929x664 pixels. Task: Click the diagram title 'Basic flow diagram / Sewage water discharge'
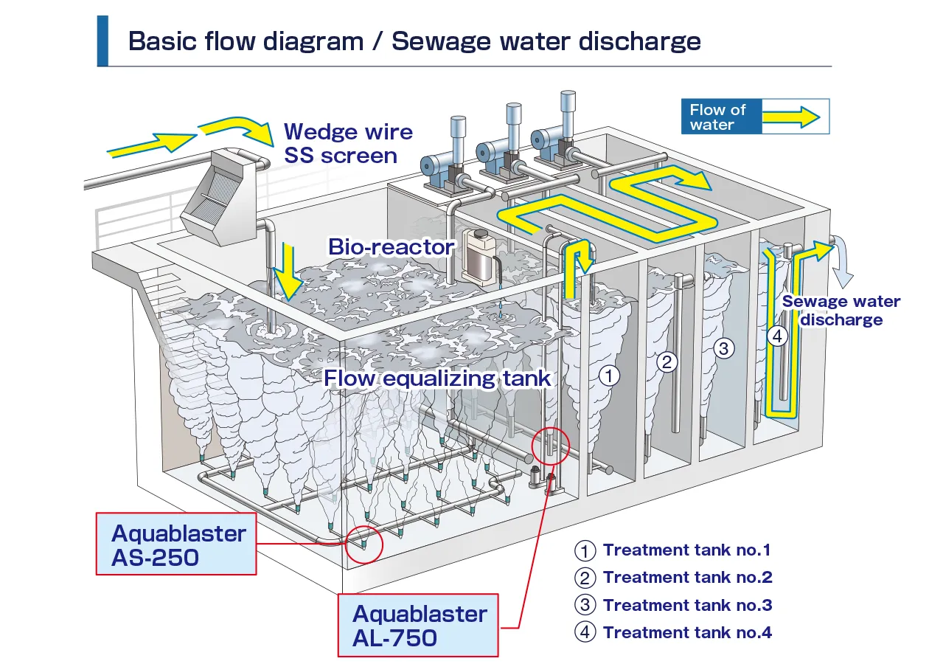[414, 41]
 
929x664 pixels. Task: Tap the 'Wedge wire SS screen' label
[348, 144]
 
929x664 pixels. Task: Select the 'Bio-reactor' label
[391, 246]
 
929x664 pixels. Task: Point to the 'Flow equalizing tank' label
[437, 378]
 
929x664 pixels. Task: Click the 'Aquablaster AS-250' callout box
[177, 544]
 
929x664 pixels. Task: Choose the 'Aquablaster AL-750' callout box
[419, 625]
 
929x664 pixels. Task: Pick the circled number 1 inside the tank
[608, 376]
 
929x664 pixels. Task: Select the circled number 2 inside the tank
[667, 362]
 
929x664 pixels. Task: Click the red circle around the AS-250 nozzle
[364, 544]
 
